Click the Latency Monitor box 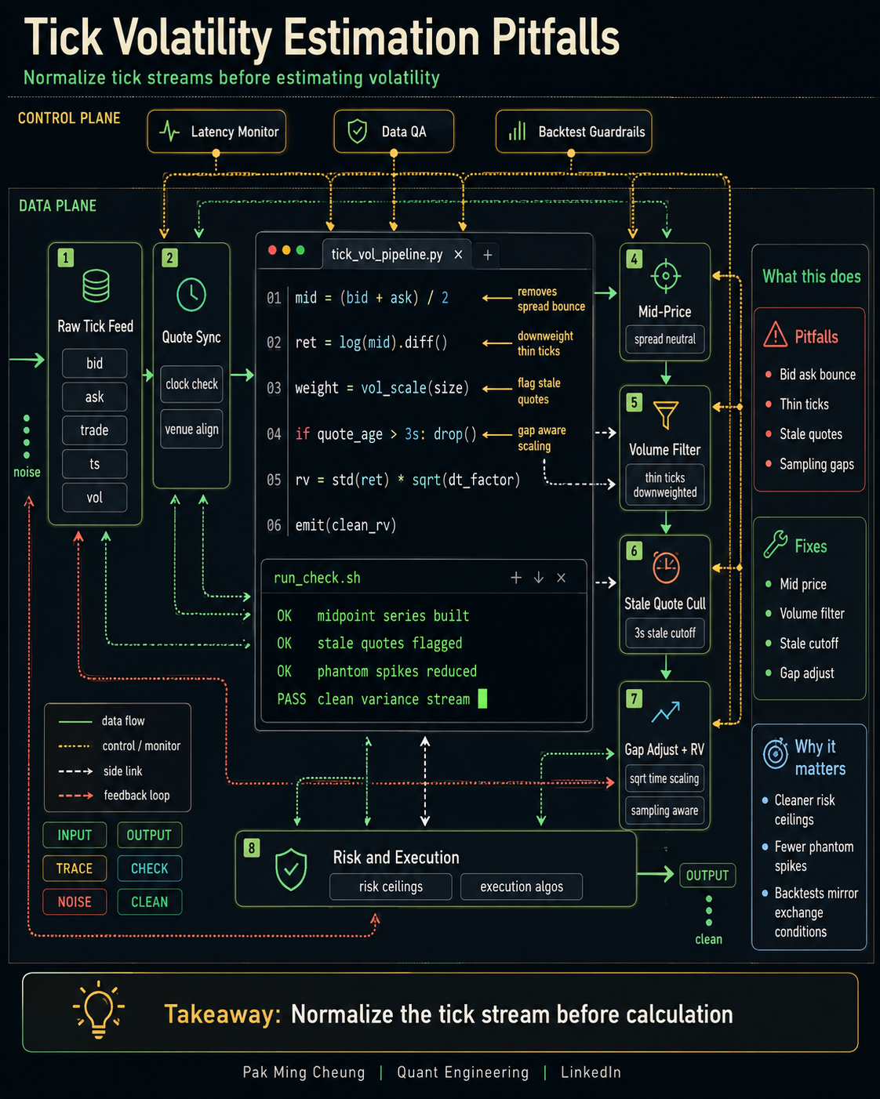point(216,132)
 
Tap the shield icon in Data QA point(357,131)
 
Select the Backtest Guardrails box point(573,132)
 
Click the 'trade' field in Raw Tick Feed point(95,430)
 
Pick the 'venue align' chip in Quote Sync point(191,429)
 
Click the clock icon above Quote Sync point(191,295)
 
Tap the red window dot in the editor point(272,250)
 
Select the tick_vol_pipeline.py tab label point(387,254)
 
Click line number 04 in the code point(274,434)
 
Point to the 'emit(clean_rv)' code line point(345,525)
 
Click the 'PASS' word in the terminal point(291,698)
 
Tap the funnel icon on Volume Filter point(666,414)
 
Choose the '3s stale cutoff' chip point(665,633)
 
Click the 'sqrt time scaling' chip point(664,778)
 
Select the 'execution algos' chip point(522,887)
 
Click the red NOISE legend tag point(75,902)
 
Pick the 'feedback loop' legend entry point(114,795)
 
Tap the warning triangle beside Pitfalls point(775,335)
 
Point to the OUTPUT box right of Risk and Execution point(707,876)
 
